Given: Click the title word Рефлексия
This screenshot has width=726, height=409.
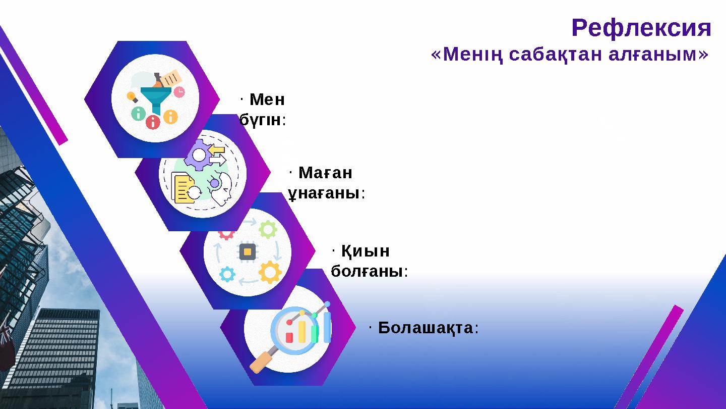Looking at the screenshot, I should (641, 28).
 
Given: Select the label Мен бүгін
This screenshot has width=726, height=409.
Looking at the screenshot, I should (263, 110).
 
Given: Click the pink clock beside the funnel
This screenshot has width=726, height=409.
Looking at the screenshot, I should (179, 91).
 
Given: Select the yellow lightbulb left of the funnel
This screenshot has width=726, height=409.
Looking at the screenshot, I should (132, 96).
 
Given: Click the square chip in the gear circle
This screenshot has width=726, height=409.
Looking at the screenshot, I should (248, 251).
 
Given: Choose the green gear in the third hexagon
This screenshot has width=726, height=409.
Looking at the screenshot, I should (267, 230).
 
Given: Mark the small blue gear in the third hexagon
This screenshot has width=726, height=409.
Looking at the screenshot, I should (227, 274).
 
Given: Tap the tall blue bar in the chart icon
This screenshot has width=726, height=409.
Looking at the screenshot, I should (327, 327).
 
